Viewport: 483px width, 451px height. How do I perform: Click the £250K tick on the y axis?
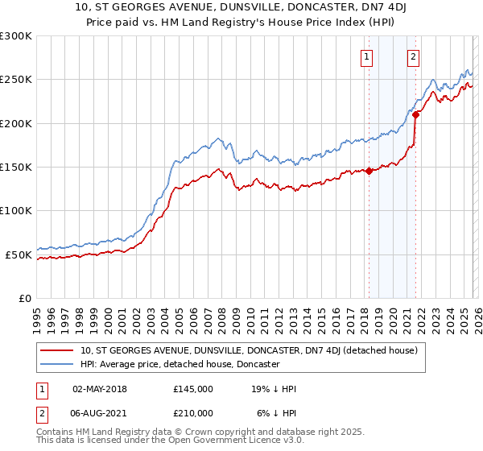(x=16, y=80)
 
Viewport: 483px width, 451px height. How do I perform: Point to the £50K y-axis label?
(x=19, y=254)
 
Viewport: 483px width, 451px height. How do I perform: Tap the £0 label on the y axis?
(x=25, y=298)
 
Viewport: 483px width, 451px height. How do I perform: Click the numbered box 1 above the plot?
(x=367, y=56)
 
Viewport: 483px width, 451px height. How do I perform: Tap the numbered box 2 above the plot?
(x=413, y=56)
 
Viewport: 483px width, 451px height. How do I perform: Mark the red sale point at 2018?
(x=369, y=171)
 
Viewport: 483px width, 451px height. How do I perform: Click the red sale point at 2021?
(x=415, y=114)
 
